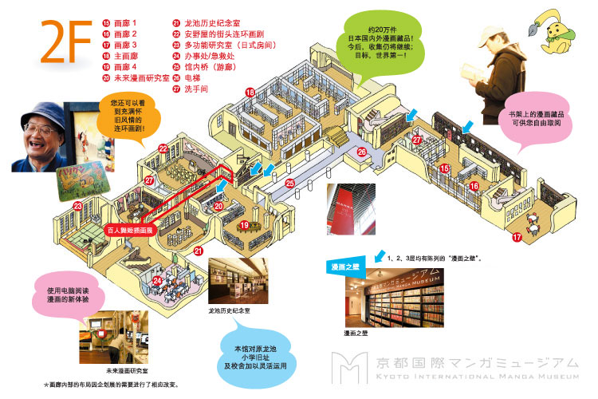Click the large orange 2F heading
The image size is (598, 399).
66,41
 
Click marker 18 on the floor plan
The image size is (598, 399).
250,92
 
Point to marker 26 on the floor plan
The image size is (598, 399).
361,152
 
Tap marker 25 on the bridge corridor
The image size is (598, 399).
290,184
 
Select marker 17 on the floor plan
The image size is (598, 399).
517,237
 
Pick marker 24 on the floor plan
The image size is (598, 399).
158,281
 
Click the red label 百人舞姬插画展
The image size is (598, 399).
130,231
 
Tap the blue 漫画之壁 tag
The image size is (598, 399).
345,267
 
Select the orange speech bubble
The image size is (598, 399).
128,115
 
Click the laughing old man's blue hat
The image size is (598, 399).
43,116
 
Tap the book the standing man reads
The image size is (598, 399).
471,72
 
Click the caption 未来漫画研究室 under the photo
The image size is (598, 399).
127,371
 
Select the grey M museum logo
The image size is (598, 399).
349,368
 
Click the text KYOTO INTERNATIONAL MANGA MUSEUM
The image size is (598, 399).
477,377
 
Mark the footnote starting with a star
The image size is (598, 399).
112,385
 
